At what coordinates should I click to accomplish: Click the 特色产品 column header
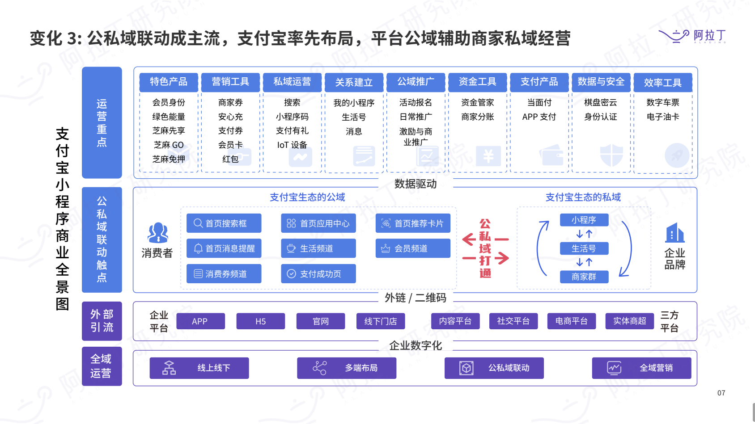pos(169,82)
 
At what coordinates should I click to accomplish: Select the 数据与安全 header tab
pos(601,82)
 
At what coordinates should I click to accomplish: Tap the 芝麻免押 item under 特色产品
pos(169,159)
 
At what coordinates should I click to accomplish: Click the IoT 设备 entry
pos(292,145)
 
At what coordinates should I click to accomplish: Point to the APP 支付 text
pos(539,117)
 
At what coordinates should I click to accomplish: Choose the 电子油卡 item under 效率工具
pos(662,117)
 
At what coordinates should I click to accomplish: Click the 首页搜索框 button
pos(224,223)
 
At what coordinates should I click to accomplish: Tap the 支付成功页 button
pos(318,274)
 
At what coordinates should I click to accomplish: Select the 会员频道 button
pos(412,248)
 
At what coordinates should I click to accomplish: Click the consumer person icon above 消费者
pos(157,233)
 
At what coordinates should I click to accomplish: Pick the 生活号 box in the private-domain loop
pos(584,248)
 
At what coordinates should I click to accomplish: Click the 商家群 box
pos(584,277)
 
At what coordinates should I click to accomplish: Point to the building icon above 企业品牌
pos(674,233)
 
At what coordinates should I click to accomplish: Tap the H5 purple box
pos(260,321)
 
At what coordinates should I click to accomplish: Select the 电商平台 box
pos(571,321)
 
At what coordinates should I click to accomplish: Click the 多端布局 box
pos(346,368)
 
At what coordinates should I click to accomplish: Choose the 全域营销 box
pos(641,368)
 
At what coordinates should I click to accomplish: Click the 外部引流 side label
pos(102,321)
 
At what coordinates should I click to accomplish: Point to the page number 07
pos(721,393)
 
